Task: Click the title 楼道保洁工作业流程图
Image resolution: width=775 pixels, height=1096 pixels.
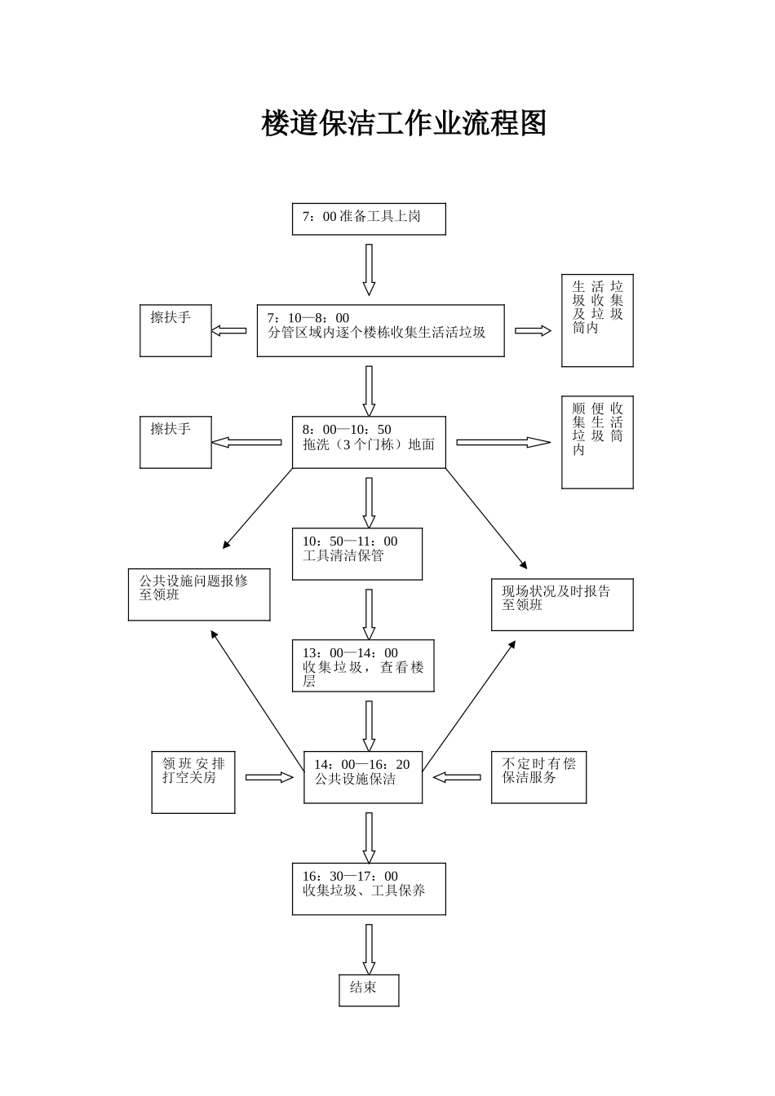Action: pyautogui.click(x=403, y=123)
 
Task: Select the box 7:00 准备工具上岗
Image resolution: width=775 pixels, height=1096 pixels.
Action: pyautogui.click(x=369, y=219)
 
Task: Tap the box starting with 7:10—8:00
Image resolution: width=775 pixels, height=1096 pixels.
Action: pyautogui.click(x=380, y=330)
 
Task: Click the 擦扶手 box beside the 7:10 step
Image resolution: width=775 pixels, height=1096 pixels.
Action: pyautogui.click(x=175, y=330)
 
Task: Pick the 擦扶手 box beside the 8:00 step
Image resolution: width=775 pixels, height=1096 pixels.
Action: pyautogui.click(x=175, y=442)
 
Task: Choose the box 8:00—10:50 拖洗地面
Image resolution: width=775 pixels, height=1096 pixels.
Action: pyautogui.click(x=369, y=442)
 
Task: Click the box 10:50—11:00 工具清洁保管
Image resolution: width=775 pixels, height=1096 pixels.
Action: pyautogui.click(x=357, y=554)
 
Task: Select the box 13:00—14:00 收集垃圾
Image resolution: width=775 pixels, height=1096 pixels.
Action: pyautogui.click(x=363, y=665)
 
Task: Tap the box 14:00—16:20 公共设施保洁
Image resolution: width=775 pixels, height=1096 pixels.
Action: pyautogui.click(x=363, y=777)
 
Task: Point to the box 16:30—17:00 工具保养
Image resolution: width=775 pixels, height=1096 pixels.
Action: pyautogui.click(x=369, y=888)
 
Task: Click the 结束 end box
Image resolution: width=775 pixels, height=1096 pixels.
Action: pyautogui.click(x=369, y=989)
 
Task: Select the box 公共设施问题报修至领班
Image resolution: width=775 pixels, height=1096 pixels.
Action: pyautogui.click(x=198, y=594)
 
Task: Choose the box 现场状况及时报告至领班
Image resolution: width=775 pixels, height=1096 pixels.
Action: pyautogui.click(x=561, y=604)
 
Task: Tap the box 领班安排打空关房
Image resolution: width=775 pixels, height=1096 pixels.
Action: pyautogui.click(x=193, y=782)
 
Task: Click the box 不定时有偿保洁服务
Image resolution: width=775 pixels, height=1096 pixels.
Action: pyautogui.click(x=538, y=777)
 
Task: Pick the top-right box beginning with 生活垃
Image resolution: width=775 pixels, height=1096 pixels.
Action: pyautogui.click(x=597, y=320)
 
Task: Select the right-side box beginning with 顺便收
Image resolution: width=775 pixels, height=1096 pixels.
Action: pyautogui.click(x=597, y=442)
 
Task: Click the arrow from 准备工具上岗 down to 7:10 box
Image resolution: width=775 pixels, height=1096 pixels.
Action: pyautogui.click(x=369, y=269)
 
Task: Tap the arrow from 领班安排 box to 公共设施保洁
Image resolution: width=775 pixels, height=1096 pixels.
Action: pyautogui.click(x=269, y=777)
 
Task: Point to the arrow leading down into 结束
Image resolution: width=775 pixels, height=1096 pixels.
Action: pyautogui.click(x=369, y=948)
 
